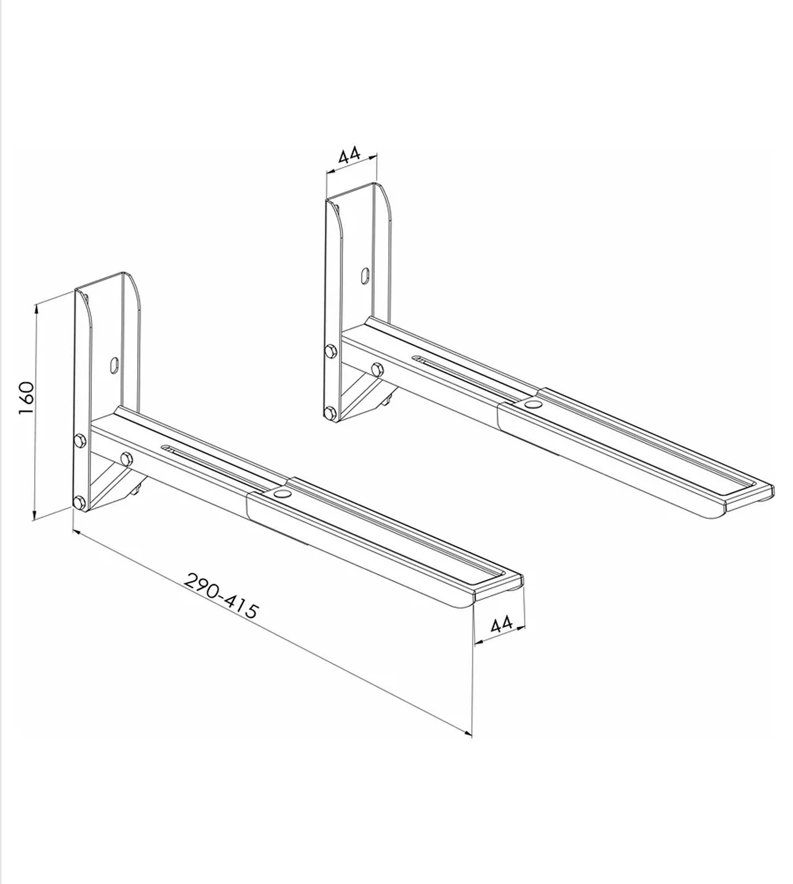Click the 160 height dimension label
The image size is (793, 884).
pos(26,399)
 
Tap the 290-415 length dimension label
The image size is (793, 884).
pos(222,595)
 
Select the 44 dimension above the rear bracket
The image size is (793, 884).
pos(350,155)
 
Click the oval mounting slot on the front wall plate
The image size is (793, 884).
pos(114,365)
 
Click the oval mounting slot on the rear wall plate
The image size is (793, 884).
pos(366,276)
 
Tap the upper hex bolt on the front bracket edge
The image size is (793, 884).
pos(80,440)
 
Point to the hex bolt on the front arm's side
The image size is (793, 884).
pos(127,458)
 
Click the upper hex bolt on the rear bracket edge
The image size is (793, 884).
pos(330,351)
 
